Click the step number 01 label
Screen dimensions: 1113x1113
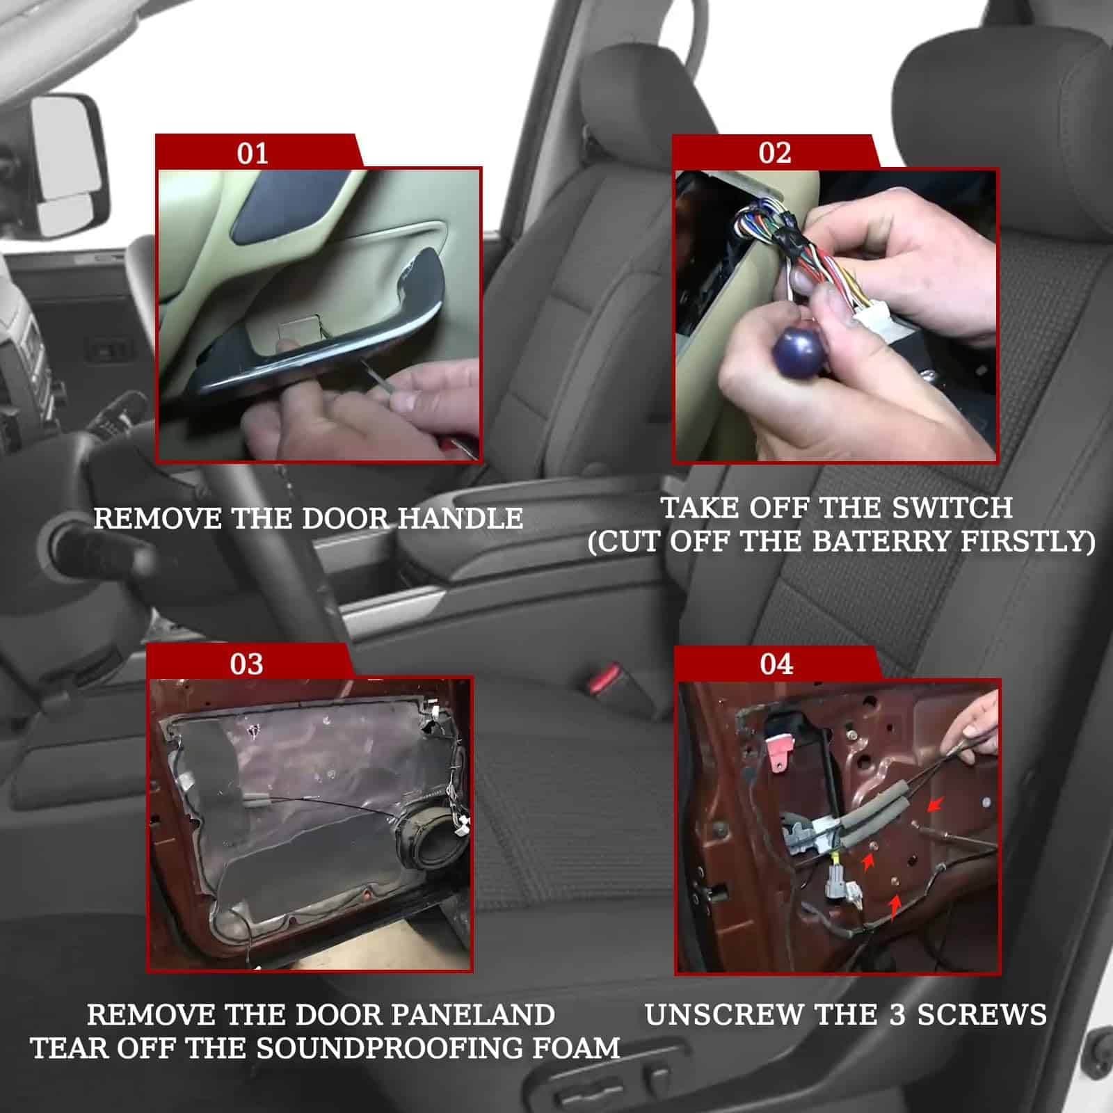(252, 153)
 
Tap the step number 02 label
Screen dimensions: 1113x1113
(775, 153)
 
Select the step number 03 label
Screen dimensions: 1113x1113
(246, 664)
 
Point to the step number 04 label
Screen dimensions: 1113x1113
(776, 664)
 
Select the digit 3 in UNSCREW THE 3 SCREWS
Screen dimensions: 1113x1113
(897, 1015)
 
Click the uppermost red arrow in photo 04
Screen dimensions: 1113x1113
(934, 805)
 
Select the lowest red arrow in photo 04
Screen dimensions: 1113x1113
(896, 905)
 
